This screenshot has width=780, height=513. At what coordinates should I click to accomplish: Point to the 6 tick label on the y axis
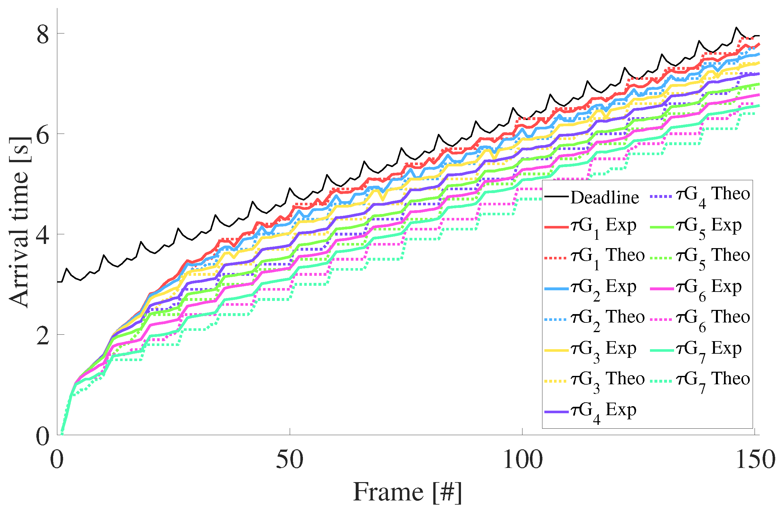pos(42,134)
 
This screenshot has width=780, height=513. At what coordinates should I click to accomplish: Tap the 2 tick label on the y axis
pos(42,335)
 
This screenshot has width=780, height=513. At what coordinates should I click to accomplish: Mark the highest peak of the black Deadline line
pos(736,28)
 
